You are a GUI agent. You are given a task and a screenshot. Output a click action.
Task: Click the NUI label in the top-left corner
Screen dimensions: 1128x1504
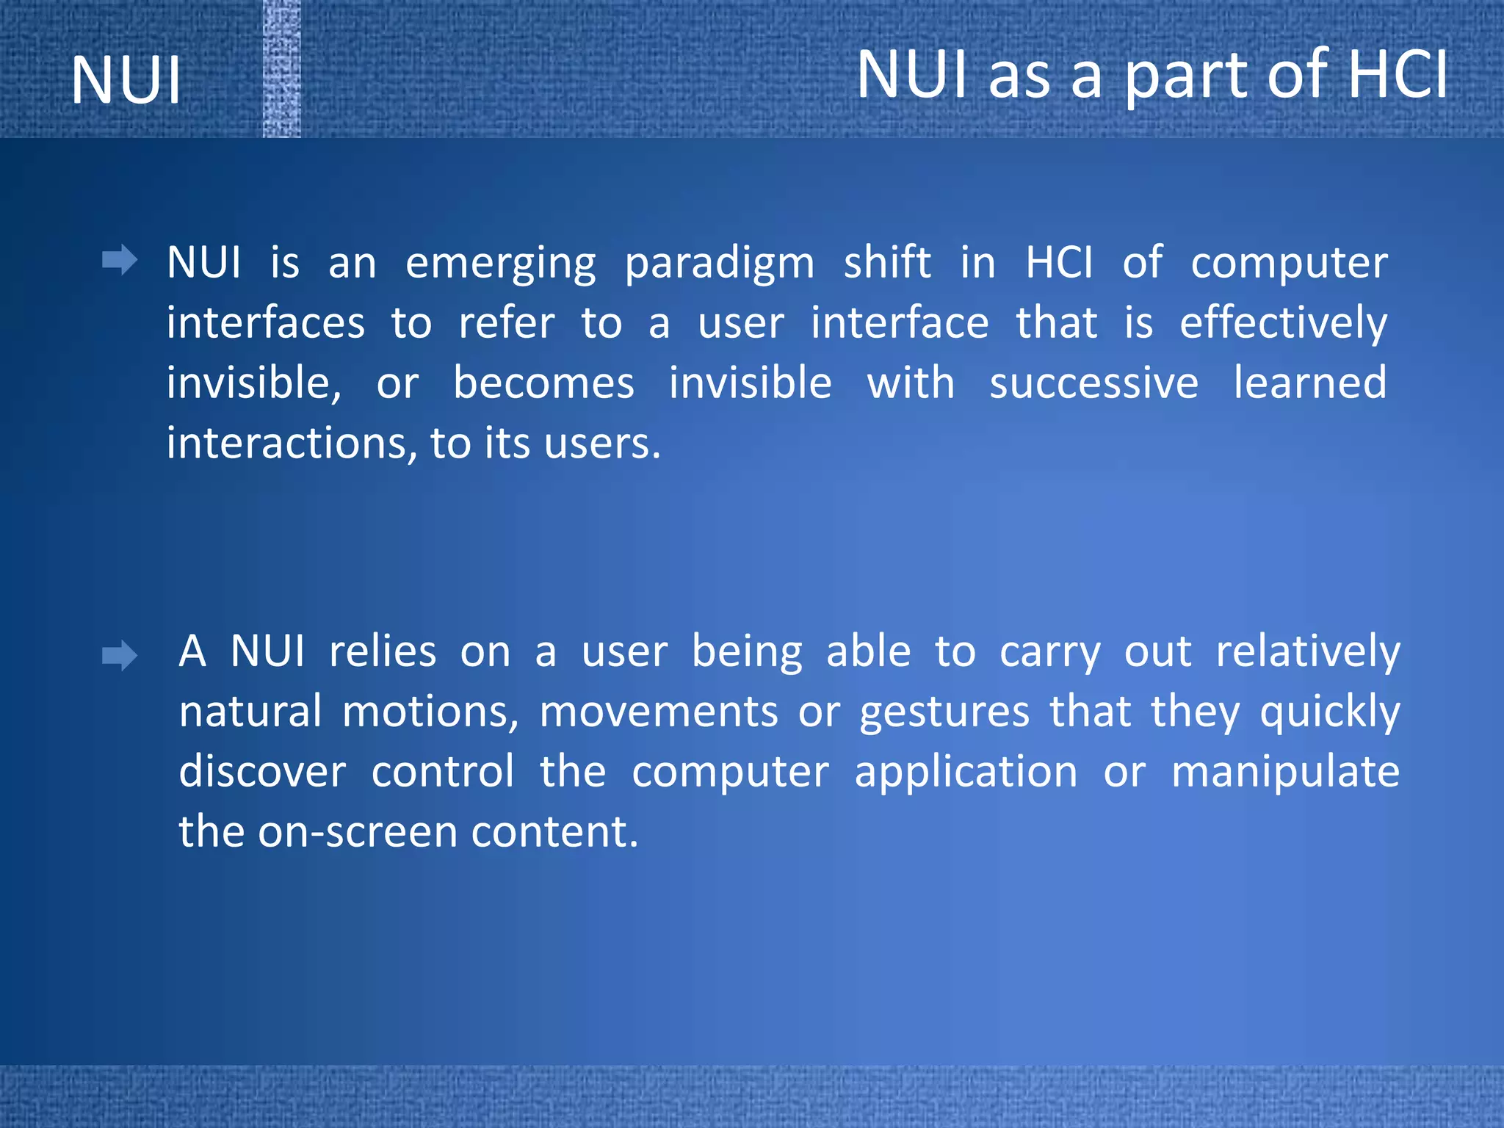click(126, 80)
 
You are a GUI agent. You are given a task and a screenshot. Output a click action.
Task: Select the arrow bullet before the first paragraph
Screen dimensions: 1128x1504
click(120, 261)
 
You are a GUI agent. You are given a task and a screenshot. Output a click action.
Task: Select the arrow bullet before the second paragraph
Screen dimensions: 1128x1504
click(120, 655)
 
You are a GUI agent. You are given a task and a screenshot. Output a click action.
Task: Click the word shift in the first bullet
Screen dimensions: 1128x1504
click(887, 262)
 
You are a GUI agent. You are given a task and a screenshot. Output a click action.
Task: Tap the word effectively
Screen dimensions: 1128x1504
click(1283, 324)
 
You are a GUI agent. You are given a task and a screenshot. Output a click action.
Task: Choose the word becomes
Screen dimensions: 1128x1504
click(543, 383)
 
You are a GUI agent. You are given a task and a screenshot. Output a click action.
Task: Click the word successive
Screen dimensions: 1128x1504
click(1093, 383)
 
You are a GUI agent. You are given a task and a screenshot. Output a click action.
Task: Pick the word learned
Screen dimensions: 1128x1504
click(1309, 383)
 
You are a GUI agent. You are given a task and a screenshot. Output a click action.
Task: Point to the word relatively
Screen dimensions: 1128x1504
click(1307, 652)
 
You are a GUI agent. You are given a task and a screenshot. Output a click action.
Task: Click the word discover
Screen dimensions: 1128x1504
click(262, 772)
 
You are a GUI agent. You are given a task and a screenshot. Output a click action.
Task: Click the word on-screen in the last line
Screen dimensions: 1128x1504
click(358, 832)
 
